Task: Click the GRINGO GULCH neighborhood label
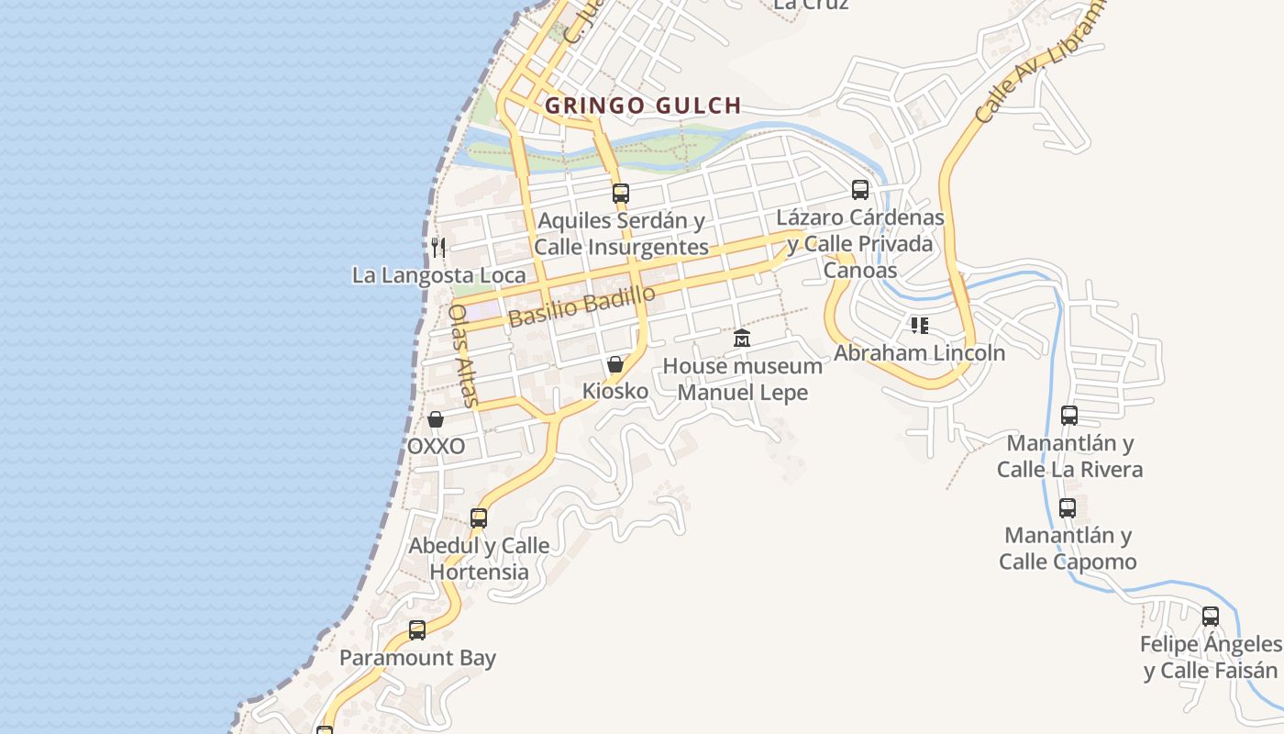pyautogui.click(x=643, y=106)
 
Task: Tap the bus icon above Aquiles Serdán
pyautogui.click(x=621, y=194)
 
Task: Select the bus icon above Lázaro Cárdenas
pyautogui.click(x=860, y=190)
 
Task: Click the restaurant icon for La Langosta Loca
pyautogui.click(x=438, y=247)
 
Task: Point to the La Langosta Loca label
pyautogui.click(x=439, y=275)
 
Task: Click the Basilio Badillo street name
pyautogui.click(x=581, y=306)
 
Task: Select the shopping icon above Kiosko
pyautogui.click(x=615, y=364)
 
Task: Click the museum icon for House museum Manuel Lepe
pyautogui.click(x=742, y=339)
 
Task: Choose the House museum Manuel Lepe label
pyautogui.click(x=742, y=379)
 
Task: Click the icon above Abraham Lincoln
pyautogui.click(x=920, y=326)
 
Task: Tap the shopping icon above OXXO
pyautogui.click(x=436, y=419)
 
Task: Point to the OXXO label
pyautogui.click(x=436, y=447)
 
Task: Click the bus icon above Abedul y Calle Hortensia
pyautogui.click(x=479, y=518)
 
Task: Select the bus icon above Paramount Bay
pyautogui.click(x=417, y=630)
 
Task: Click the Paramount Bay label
pyautogui.click(x=417, y=658)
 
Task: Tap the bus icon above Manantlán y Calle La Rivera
pyautogui.click(x=1069, y=416)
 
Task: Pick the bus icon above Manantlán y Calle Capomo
pyautogui.click(x=1068, y=508)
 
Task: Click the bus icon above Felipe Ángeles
pyautogui.click(x=1211, y=617)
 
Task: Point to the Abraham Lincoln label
pyautogui.click(x=919, y=353)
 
